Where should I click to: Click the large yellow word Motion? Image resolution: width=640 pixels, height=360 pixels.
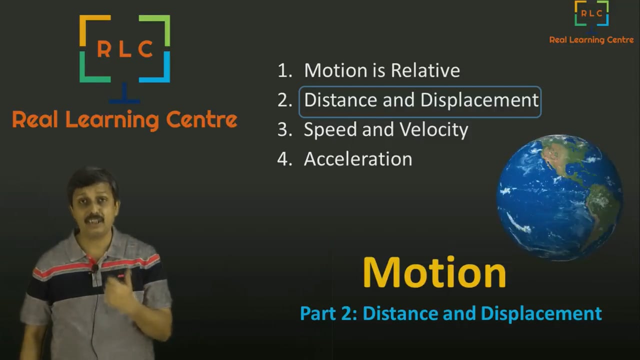(x=434, y=272)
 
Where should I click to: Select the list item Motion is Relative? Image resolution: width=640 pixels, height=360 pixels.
(x=381, y=70)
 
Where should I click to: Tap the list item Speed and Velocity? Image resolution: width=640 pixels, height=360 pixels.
(x=385, y=130)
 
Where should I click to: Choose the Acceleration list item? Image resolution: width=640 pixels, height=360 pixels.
(x=357, y=159)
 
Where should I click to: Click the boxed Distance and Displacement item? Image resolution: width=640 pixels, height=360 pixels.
(x=420, y=100)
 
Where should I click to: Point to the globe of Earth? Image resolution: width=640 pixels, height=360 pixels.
(x=559, y=197)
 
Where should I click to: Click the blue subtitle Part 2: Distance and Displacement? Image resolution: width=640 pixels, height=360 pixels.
(x=450, y=313)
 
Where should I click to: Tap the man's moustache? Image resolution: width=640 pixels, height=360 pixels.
(x=93, y=218)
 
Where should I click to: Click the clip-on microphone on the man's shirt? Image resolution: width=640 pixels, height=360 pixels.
(x=94, y=268)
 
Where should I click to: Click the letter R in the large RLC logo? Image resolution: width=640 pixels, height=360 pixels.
(x=104, y=49)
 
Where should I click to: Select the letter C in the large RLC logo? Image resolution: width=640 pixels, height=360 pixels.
(x=145, y=49)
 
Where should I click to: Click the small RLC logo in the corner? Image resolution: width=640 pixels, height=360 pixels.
(x=591, y=13)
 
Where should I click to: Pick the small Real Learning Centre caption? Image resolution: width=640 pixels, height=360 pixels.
(x=591, y=40)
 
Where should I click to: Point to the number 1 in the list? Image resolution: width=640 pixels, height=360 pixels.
(x=283, y=70)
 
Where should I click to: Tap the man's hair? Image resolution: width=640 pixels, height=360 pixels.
(x=92, y=179)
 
